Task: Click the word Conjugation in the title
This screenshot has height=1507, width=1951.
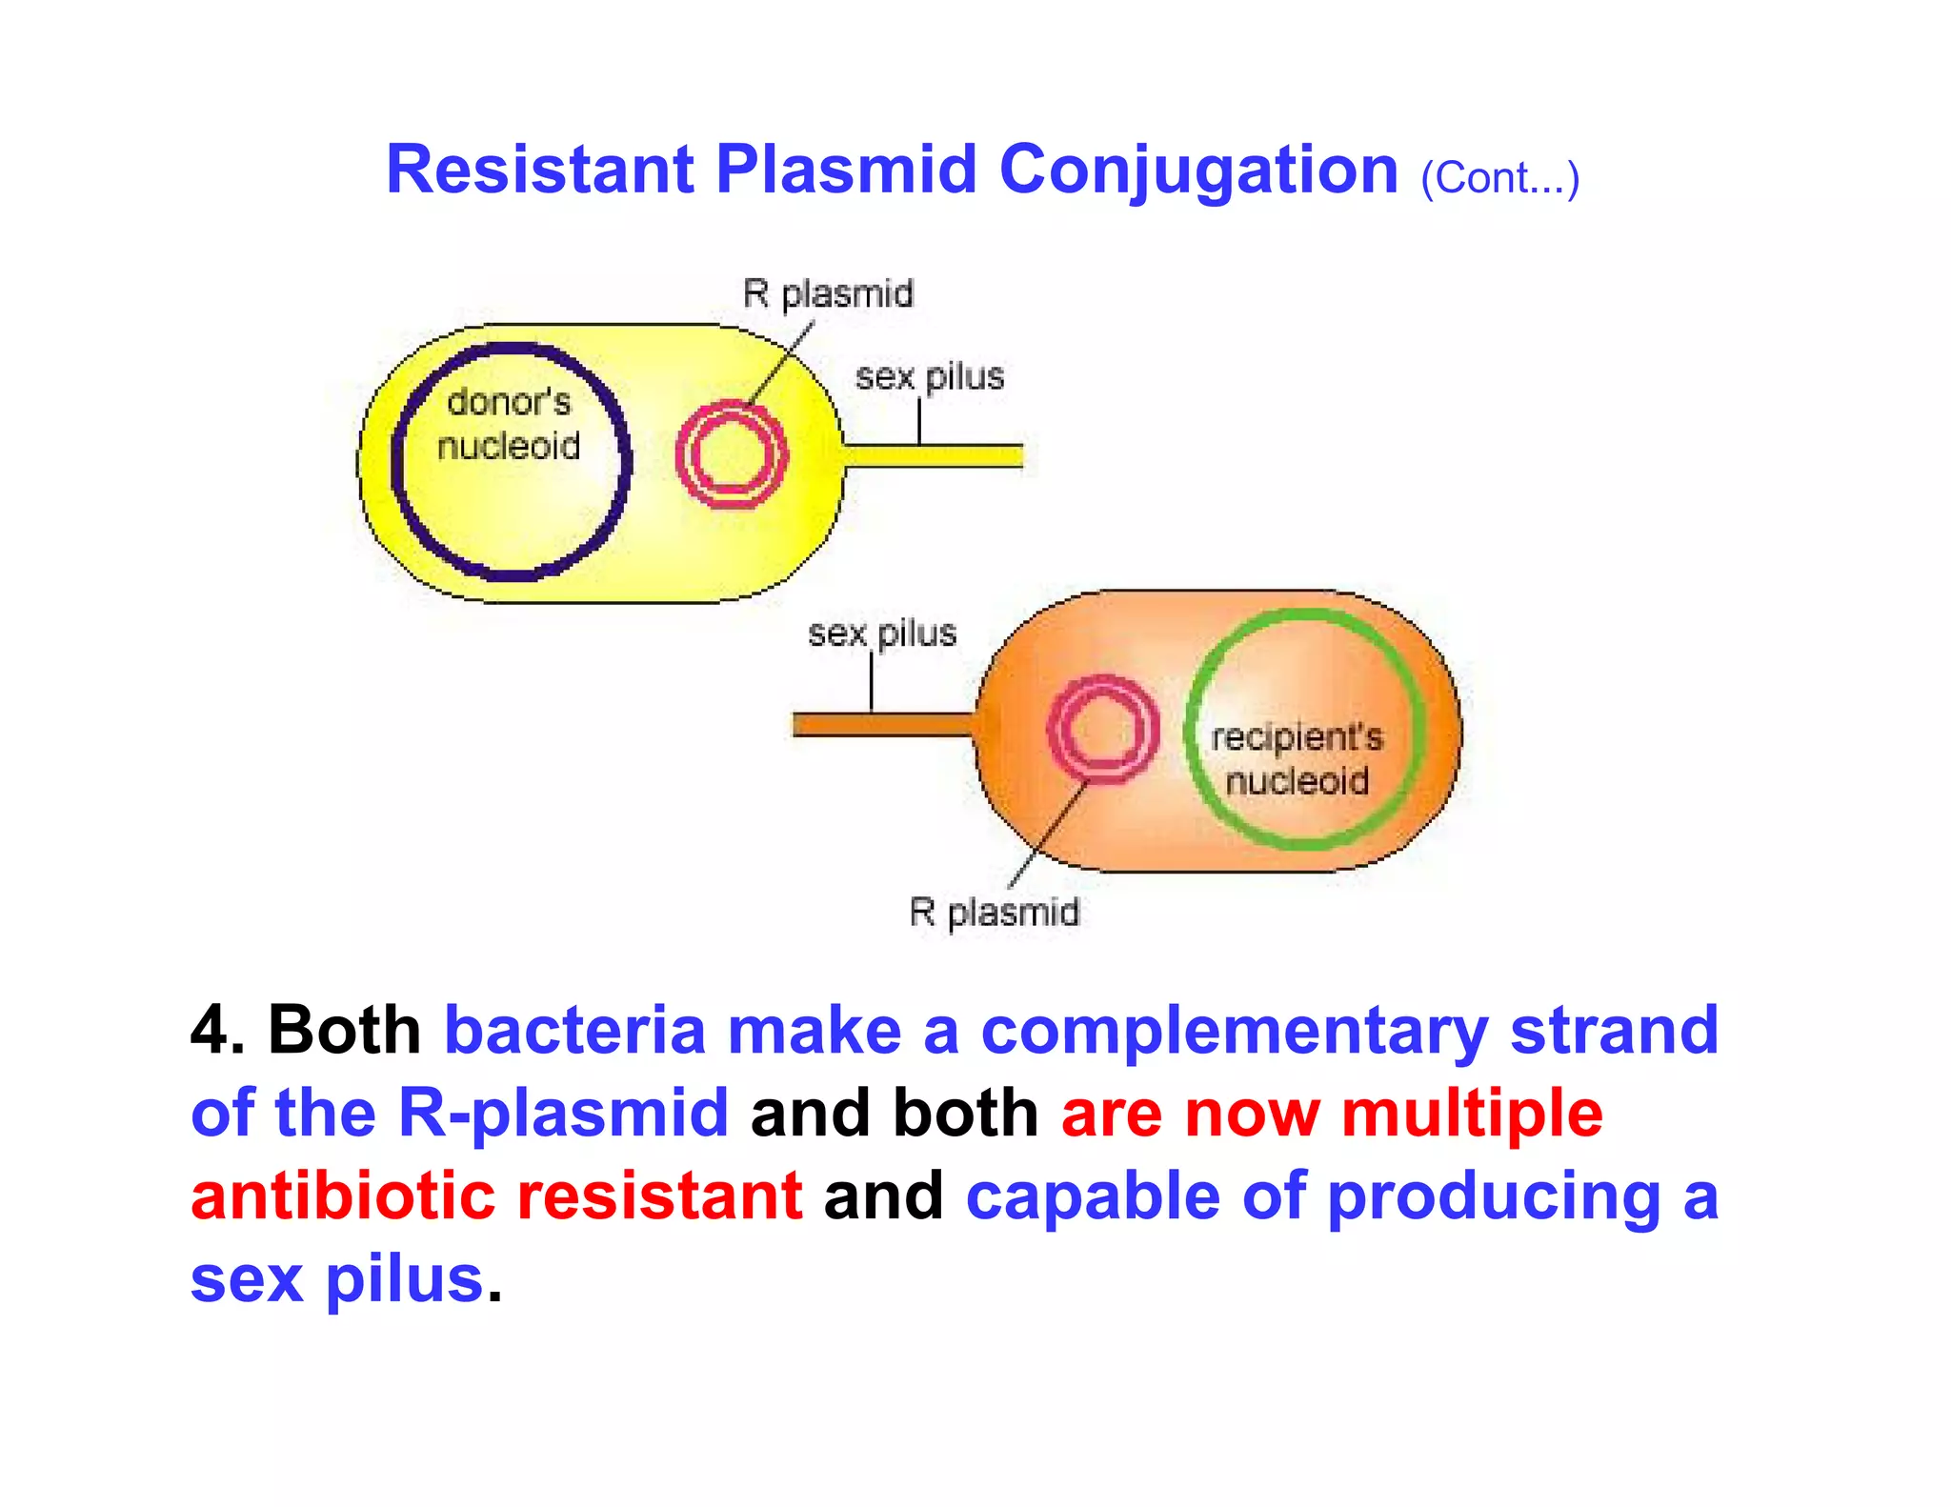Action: tap(1197, 171)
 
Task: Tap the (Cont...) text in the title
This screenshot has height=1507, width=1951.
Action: tap(1499, 178)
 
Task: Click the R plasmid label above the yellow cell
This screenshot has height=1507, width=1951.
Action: tap(828, 293)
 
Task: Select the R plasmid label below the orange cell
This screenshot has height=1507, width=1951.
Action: tap(994, 912)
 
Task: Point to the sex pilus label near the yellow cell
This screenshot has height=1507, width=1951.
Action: tap(930, 377)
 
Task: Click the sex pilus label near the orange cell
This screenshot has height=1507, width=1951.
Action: tap(882, 633)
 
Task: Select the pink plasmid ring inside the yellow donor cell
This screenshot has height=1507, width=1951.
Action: tap(732, 454)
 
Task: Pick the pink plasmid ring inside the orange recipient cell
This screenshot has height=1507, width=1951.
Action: tap(1102, 730)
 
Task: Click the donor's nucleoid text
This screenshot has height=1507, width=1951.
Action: tap(509, 424)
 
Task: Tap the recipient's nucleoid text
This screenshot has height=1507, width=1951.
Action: tap(1297, 759)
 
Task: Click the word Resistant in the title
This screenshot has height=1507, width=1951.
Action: tap(539, 171)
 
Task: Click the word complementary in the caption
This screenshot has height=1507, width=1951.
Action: tap(1234, 1031)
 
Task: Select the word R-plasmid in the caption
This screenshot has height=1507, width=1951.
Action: tap(563, 1113)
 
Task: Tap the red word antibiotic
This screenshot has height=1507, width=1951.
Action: tap(342, 1196)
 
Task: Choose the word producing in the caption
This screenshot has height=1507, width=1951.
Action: tap(1494, 1196)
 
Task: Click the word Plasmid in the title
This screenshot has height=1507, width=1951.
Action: tap(846, 171)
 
